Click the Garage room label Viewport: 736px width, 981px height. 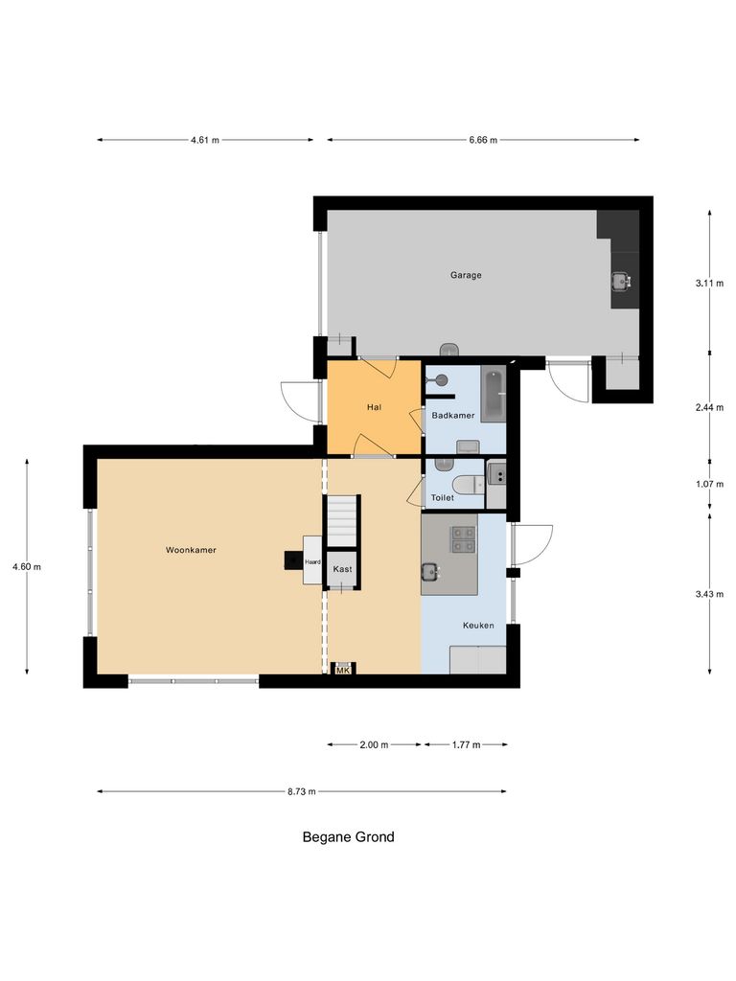click(466, 275)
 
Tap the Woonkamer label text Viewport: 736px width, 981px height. click(191, 550)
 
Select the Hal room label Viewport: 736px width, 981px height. click(374, 407)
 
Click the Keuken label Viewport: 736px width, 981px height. click(478, 625)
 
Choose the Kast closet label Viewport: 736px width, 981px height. click(342, 569)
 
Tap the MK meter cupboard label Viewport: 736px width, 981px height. click(342, 671)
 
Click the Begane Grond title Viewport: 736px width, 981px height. click(348, 836)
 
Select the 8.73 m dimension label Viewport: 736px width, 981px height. click(301, 791)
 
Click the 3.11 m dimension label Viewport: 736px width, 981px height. click(709, 283)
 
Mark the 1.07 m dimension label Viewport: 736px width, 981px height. click(709, 484)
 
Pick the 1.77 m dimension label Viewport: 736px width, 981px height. click(465, 744)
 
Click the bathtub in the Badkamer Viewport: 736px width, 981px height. click(493, 394)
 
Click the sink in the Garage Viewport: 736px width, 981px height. click(621, 281)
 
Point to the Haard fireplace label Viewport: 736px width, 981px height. click(312, 562)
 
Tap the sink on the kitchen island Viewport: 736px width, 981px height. click(430, 572)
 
